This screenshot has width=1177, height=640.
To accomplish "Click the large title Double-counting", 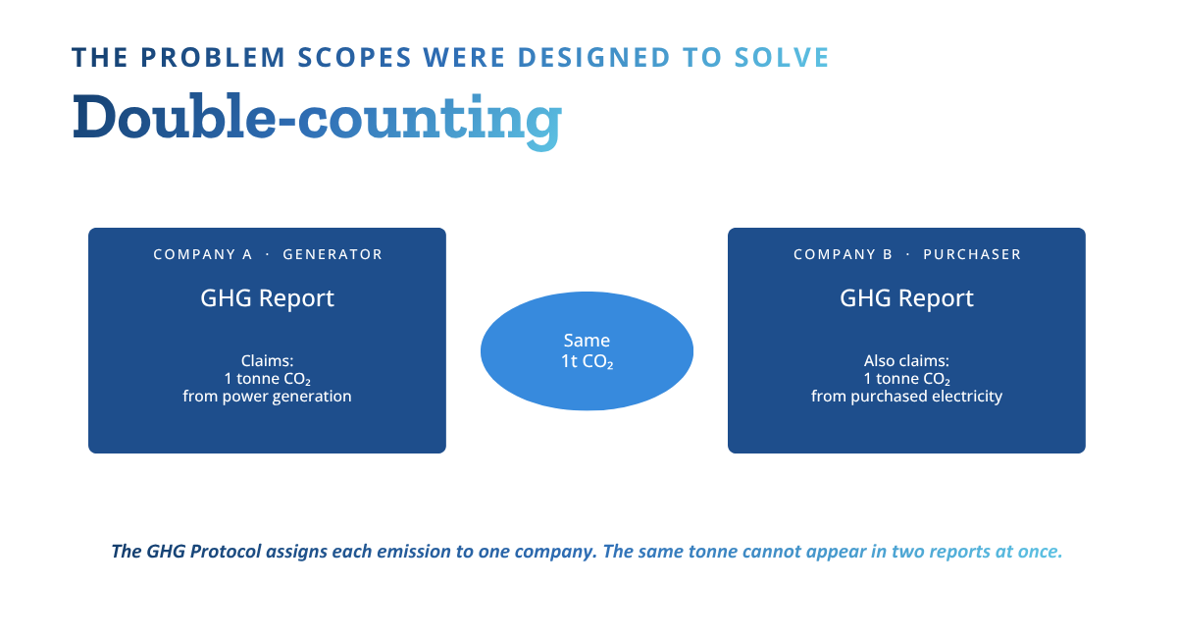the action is coord(317,120).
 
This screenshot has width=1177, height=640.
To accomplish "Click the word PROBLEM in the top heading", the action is coord(213,57).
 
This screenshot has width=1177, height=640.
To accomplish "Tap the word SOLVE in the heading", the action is coord(782,57).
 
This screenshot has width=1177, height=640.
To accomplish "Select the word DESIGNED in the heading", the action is coord(593,57).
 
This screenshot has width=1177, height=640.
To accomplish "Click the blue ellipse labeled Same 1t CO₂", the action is coord(587,350).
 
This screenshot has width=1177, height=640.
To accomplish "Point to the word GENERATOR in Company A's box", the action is coord(333,254).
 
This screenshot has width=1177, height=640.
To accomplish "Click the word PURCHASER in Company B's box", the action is coord(972,254).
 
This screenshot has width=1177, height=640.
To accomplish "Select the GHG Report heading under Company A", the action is coord(267,298).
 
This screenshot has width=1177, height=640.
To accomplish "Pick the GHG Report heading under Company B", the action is coord(906,298).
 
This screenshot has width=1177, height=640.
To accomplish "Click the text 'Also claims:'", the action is coord(906,361).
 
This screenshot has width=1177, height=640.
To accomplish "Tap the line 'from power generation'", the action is coord(267,397).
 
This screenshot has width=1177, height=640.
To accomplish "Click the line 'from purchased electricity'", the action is coord(906,397).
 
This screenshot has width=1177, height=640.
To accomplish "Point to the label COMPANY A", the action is coord(203,254).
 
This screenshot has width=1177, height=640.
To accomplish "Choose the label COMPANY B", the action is coord(843,254).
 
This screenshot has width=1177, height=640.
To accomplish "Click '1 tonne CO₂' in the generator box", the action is coord(267,379).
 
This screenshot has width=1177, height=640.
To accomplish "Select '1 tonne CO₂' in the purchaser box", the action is coord(906,379).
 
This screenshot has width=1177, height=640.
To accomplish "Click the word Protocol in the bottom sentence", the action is coord(226,552).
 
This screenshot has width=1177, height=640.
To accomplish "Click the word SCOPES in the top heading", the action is coord(355,57).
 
